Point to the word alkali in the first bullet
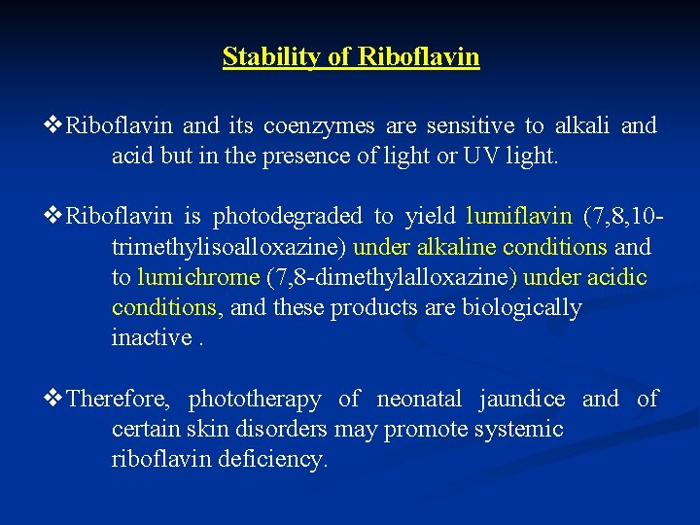(581, 125)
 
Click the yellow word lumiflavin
(519, 216)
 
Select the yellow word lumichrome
(197, 277)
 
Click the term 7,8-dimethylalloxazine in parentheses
(391, 277)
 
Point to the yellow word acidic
(617, 277)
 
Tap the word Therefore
(120, 399)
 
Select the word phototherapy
(254, 399)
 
